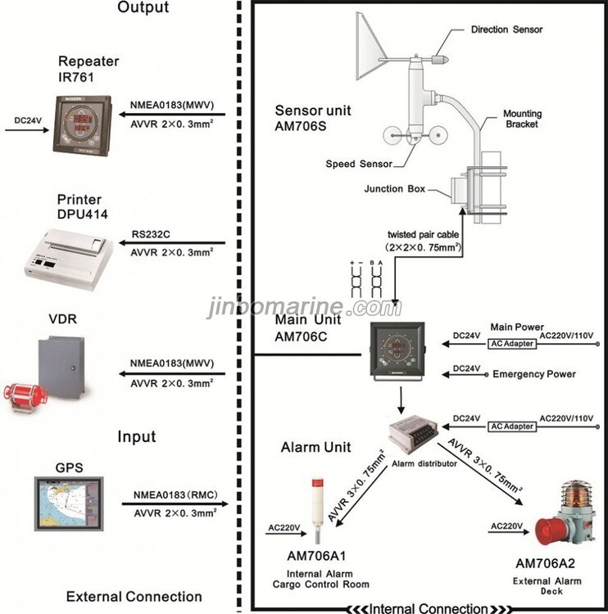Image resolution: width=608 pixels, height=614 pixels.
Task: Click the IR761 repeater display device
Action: click(x=82, y=125)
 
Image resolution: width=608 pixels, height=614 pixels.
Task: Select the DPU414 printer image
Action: click(x=69, y=260)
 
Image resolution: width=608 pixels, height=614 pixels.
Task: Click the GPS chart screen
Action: click(x=69, y=503)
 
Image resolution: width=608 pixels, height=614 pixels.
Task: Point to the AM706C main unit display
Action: click(x=397, y=351)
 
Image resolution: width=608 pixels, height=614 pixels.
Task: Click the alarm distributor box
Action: click(x=413, y=434)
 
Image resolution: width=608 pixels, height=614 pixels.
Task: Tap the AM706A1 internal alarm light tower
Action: click(x=318, y=510)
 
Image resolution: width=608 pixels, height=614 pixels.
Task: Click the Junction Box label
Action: click(x=395, y=189)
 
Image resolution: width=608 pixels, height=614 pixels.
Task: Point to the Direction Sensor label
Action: click(x=506, y=29)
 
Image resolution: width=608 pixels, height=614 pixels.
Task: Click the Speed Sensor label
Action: click(x=359, y=164)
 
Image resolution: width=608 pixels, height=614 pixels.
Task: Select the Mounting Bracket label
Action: click(x=522, y=119)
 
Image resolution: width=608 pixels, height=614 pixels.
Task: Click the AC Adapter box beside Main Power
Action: click(x=512, y=344)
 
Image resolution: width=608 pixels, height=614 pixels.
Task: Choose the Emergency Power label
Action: click(x=534, y=374)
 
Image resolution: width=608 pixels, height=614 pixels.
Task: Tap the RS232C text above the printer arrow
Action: click(x=151, y=234)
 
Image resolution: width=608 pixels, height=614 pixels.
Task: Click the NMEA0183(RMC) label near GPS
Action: click(x=175, y=495)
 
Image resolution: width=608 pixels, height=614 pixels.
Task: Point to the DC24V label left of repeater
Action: click(x=28, y=120)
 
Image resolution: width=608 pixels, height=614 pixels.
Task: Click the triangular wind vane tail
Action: click(x=370, y=46)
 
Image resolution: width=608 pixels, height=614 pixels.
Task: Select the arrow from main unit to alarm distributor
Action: click(x=401, y=400)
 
